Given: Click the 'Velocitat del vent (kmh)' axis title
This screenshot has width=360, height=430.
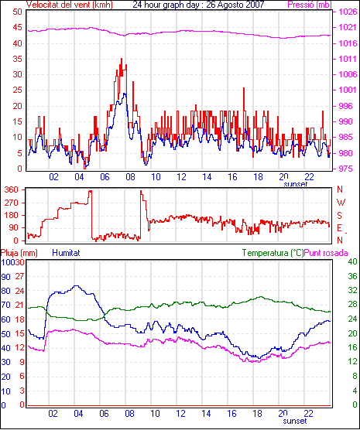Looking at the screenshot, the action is click(x=69, y=5).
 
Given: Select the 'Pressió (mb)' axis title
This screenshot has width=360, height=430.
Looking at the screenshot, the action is click(x=310, y=5).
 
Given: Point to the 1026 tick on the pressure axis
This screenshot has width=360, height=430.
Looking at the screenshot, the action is click(x=348, y=12).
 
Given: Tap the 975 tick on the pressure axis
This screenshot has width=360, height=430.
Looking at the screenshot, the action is click(x=348, y=169).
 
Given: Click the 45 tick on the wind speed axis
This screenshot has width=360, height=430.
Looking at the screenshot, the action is click(x=17, y=27).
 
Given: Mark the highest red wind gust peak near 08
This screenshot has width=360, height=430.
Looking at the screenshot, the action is click(x=122, y=59).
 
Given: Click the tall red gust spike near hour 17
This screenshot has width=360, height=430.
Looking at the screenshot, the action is click(x=244, y=88).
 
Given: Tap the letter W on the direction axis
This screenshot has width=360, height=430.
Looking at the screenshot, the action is click(x=341, y=203).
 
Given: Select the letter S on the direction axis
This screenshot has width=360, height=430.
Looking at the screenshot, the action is click(x=340, y=216).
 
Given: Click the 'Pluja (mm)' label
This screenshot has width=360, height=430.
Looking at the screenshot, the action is click(x=19, y=253).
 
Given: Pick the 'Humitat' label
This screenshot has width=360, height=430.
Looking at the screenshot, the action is click(x=66, y=253).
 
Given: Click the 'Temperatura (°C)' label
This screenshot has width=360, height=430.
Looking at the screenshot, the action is click(x=273, y=253).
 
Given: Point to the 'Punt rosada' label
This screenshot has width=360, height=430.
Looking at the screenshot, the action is click(x=326, y=253).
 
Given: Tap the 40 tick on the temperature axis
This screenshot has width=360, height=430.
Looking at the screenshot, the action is click(x=352, y=261).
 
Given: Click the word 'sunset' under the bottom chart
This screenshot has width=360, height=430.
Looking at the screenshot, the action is click(x=295, y=421).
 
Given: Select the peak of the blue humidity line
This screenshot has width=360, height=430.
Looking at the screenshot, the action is click(x=76, y=285).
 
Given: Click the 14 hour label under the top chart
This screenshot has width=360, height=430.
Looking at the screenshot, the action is click(x=207, y=177).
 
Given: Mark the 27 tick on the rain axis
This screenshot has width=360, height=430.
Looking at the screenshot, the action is click(x=19, y=276).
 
